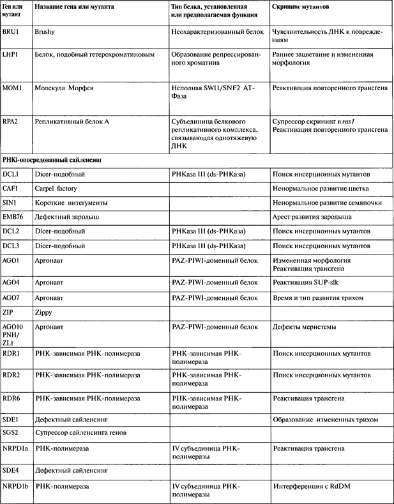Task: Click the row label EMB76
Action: [x=14, y=217]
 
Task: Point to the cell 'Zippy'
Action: [x=47, y=313]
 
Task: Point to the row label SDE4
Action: [x=11, y=470]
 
